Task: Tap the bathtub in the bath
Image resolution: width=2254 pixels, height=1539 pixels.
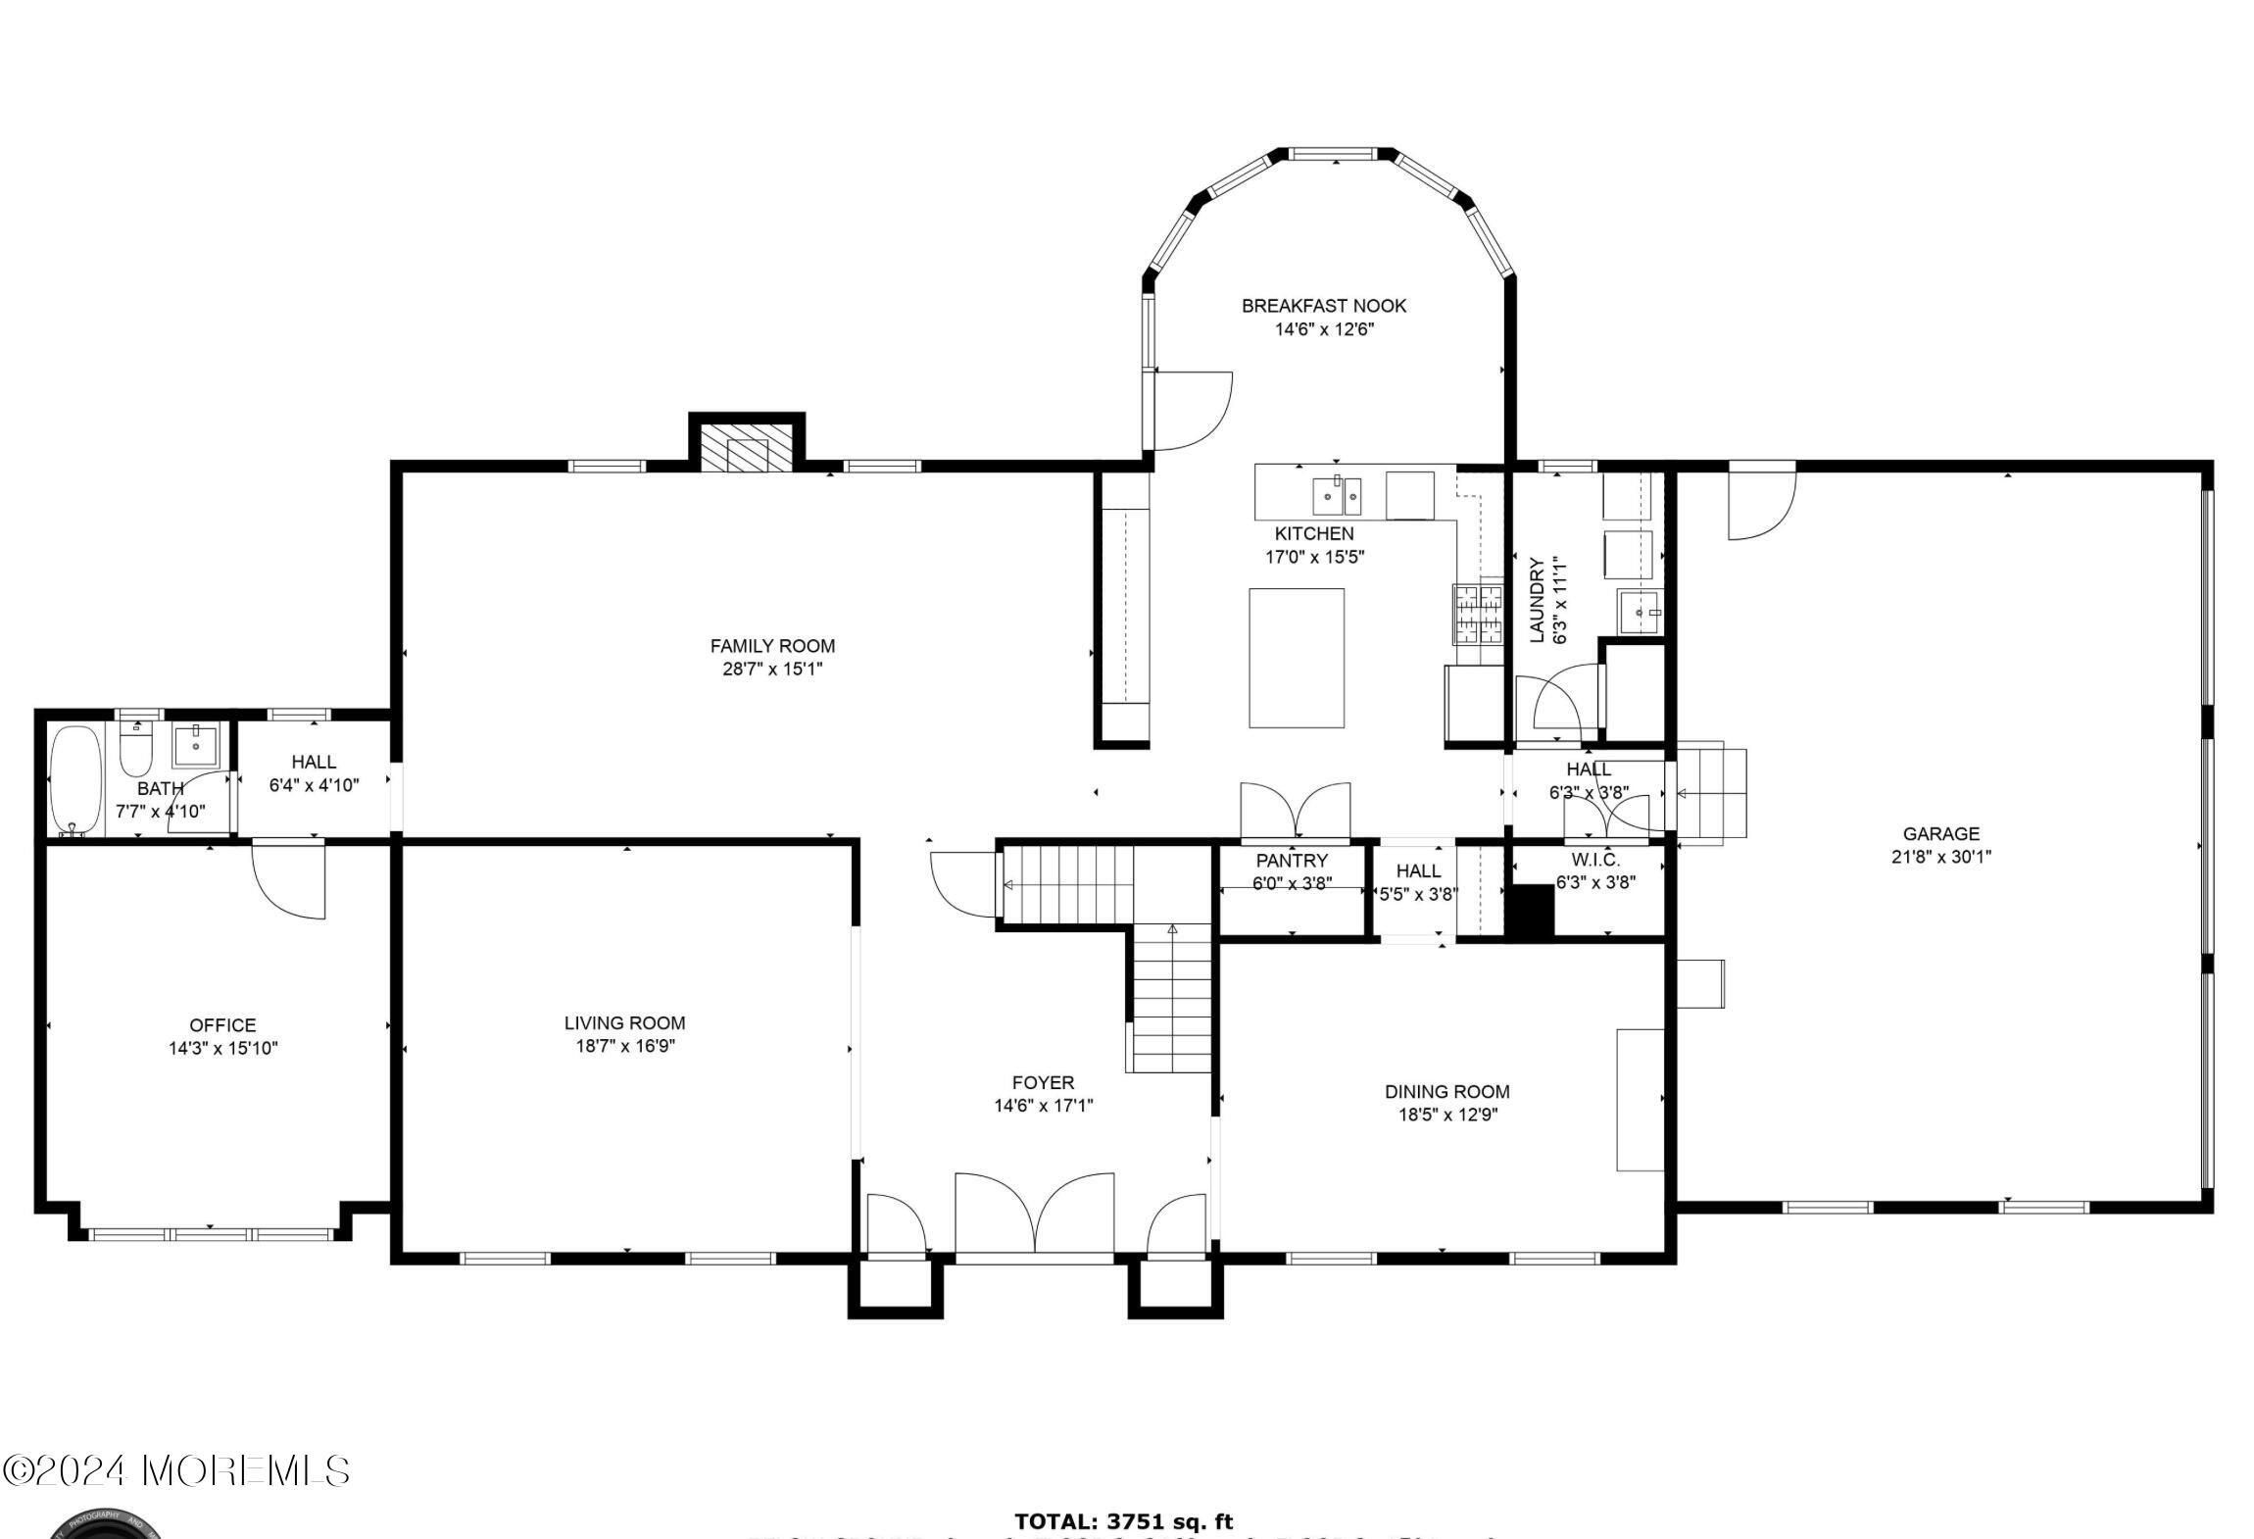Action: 74,779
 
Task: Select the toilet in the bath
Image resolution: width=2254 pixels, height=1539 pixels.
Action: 135,751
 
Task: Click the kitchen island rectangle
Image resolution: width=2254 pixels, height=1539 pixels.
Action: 1296,658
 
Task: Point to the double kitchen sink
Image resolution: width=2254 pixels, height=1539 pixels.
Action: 1338,495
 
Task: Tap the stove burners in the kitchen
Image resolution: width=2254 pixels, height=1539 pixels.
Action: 1478,613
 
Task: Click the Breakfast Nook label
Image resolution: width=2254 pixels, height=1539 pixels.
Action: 1324,306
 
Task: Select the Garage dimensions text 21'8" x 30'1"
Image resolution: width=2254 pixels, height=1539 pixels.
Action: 1940,857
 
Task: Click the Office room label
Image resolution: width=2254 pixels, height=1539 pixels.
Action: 222,1025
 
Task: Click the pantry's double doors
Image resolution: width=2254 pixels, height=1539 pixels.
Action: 1295,812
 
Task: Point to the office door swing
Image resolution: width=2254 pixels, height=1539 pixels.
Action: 290,879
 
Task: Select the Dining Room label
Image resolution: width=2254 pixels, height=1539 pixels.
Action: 1446,1091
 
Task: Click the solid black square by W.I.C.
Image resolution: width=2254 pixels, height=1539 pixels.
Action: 1530,912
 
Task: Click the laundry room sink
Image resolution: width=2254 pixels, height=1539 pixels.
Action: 1641,613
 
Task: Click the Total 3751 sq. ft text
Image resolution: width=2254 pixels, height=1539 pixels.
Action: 1123,1521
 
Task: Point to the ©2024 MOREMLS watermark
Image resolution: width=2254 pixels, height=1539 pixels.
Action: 176,1470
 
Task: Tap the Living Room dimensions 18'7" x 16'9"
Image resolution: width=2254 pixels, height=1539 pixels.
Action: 624,1046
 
